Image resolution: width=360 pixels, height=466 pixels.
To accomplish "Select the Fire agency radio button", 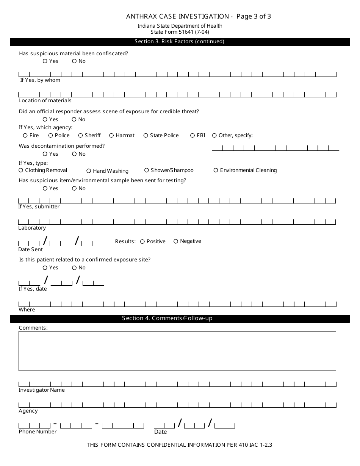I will [25, 135].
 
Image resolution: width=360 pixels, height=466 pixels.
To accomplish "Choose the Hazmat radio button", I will [111, 135].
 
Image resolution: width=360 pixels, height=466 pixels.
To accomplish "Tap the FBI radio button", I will [193, 135].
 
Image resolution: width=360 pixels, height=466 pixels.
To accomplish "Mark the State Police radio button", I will [146, 135].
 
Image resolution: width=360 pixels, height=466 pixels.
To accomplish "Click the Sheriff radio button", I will [81, 135].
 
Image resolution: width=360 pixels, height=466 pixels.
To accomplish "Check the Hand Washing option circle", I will [89, 171].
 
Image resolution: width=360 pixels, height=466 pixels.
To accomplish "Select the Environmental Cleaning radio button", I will [216, 170].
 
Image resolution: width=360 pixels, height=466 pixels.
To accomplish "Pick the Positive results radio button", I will [142, 241].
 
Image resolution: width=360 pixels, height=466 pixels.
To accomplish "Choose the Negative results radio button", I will [176, 241].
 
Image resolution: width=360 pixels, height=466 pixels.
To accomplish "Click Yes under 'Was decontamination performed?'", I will [45, 154].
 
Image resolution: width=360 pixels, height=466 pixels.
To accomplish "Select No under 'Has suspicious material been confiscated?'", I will [74, 61].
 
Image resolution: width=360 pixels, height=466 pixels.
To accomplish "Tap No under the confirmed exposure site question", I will [74, 267].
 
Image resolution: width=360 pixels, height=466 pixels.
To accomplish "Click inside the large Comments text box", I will [177, 351].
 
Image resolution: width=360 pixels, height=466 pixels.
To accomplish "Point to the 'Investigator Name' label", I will [42, 390].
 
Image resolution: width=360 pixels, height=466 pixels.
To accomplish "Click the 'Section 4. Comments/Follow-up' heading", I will [167, 318].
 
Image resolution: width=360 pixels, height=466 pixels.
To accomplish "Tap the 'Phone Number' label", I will [38, 432].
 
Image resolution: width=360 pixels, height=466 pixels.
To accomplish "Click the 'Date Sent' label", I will [31, 249].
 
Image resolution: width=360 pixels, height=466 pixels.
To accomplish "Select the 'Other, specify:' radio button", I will [214, 135].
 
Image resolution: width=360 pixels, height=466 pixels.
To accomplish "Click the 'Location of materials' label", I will [45, 100].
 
